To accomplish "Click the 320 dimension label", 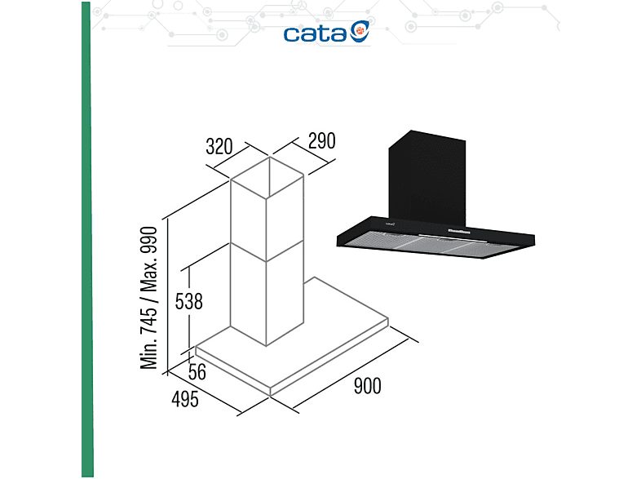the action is click(x=219, y=147).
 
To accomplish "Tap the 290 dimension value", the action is click(x=322, y=140).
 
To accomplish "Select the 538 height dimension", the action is click(x=189, y=302).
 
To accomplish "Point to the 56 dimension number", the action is click(x=197, y=372).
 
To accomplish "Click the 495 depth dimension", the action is click(x=185, y=399).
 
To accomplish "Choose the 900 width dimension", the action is click(x=367, y=386).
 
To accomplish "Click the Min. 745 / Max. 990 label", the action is click(x=148, y=298).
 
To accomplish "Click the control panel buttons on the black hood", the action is click(x=458, y=231).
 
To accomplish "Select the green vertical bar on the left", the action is click(x=87, y=239).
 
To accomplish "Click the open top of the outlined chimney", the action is click(x=267, y=178).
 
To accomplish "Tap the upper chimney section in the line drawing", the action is click(x=267, y=210).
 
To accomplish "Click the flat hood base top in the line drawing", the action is click(x=292, y=332).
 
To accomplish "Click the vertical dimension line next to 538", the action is click(x=189, y=308).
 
